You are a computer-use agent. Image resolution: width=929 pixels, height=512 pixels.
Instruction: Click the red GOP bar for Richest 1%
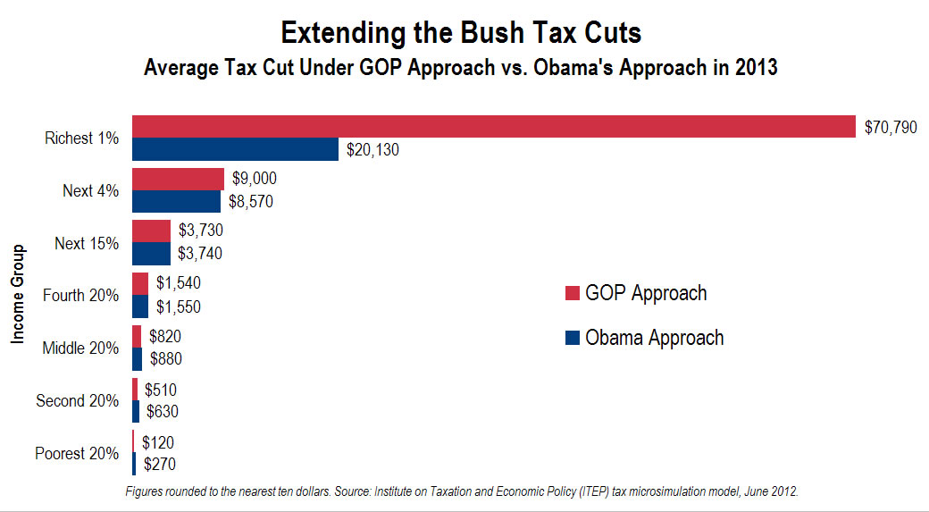coord(493,127)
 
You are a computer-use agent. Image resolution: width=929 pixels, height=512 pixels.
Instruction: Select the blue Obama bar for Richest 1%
coord(235,149)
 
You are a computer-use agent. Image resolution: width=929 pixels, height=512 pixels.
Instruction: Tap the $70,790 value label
coord(891,127)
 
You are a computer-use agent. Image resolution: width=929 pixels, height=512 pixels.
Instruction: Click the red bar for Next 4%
coord(178,179)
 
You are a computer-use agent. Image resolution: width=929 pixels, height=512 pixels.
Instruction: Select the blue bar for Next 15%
coord(151,254)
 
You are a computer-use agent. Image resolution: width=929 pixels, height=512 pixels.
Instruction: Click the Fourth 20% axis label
coord(80,296)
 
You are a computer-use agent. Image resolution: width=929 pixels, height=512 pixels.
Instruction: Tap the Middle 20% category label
coord(80,348)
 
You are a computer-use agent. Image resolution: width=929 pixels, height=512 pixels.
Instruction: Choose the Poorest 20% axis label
coord(77,454)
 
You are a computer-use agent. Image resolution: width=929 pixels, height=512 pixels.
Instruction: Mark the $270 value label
coord(160,465)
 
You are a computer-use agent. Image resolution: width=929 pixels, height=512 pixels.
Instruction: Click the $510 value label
coord(162,390)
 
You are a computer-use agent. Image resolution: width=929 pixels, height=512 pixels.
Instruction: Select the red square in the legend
coord(573,294)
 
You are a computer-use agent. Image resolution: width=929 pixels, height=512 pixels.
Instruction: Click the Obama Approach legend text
coord(654,338)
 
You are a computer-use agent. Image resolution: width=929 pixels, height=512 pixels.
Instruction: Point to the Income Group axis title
coord(17,296)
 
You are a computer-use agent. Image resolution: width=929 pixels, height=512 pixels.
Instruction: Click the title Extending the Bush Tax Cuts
coord(460,33)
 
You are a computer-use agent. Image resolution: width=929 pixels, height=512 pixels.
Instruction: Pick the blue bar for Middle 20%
coord(137,359)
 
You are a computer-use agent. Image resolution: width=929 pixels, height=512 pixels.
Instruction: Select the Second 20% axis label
coord(77,401)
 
